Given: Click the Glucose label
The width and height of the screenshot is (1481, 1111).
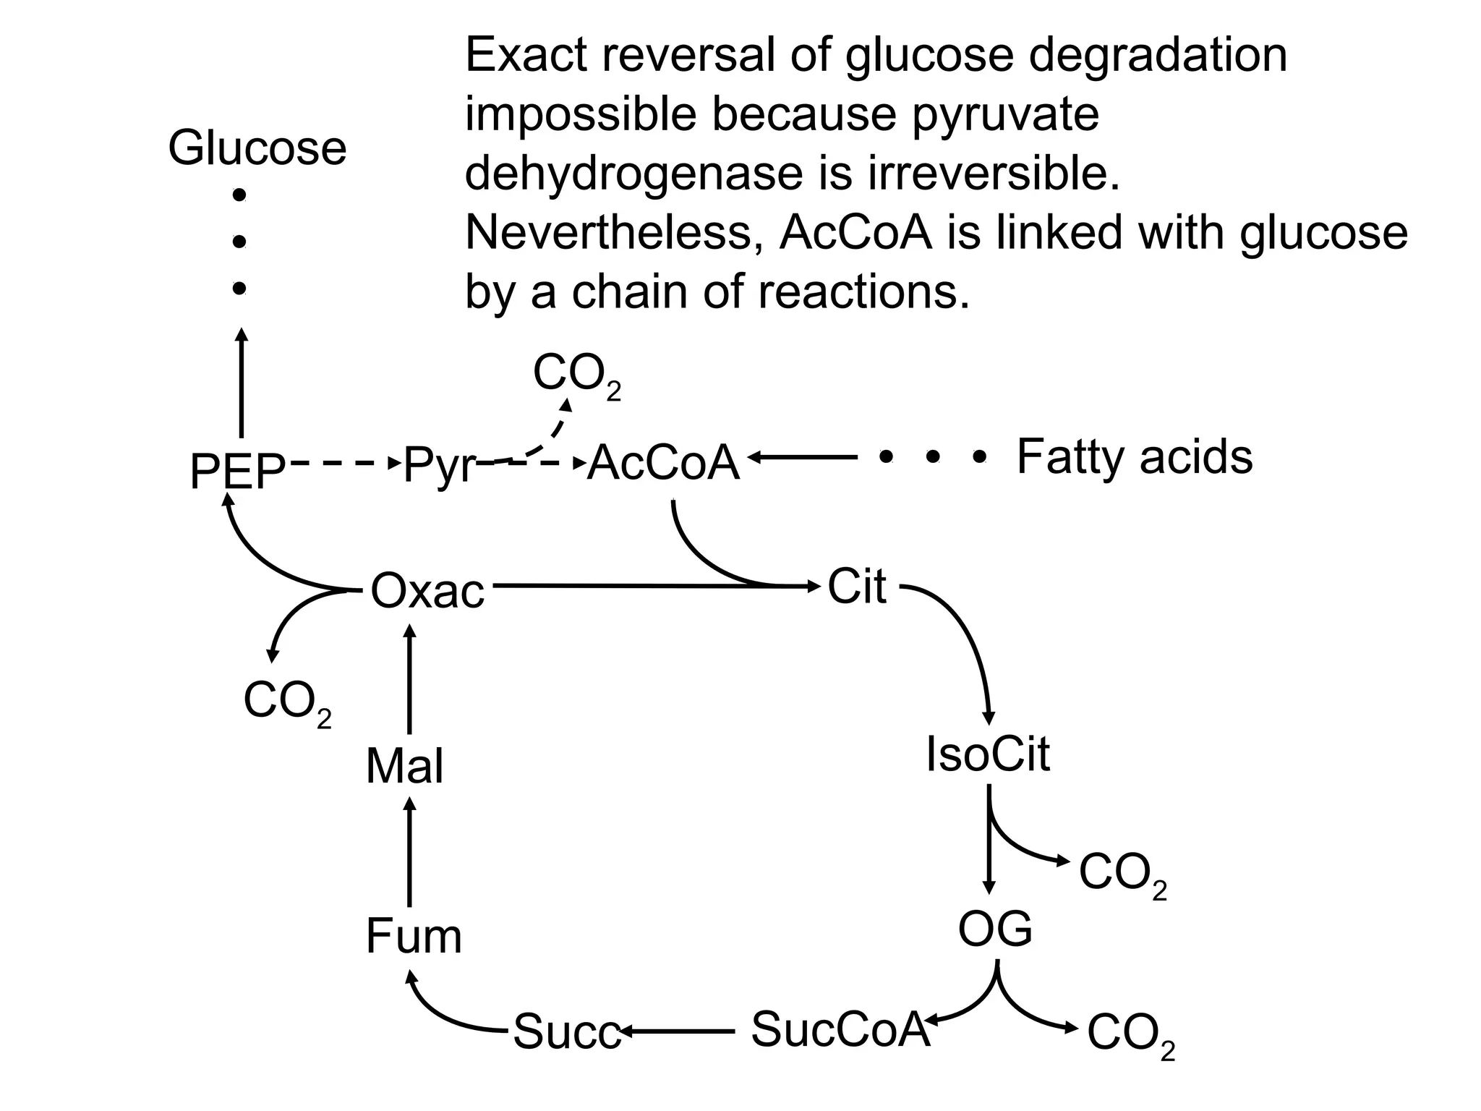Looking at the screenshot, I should pyautogui.click(x=257, y=148).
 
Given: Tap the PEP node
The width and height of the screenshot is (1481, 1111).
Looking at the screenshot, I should pyautogui.click(x=238, y=471).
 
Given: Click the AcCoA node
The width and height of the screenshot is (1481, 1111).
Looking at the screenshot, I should pyautogui.click(x=664, y=463).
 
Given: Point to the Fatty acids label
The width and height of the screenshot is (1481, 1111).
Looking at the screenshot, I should pyautogui.click(x=1134, y=457).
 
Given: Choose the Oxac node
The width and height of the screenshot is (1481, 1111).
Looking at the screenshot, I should pyautogui.click(x=427, y=591).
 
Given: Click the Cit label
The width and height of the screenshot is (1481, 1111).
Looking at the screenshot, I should pyautogui.click(x=856, y=586).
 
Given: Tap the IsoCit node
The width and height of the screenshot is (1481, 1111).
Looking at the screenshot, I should pyautogui.click(x=988, y=754).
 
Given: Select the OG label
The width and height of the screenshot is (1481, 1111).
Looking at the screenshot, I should pyautogui.click(x=995, y=929).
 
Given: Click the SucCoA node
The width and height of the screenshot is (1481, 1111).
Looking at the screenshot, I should pyautogui.click(x=840, y=1029).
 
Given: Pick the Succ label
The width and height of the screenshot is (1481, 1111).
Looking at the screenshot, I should pyautogui.click(x=566, y=1032).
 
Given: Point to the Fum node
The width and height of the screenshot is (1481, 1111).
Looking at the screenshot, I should pyautogui.click(x=414, y=936).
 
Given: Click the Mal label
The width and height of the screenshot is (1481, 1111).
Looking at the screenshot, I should pyautogui.click(x=404, y=767).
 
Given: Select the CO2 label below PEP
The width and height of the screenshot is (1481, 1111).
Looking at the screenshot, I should pyautogui.click(x=287, y=702).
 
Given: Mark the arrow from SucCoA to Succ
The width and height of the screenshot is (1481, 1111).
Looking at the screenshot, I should pyautogui.click(x=676, y=1030).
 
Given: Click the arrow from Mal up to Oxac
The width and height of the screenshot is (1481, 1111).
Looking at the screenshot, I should pyautogui.click(x=410, y=680).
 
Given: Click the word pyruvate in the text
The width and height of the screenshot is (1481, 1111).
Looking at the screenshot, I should pyautogui.click(x=1005, y=114).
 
